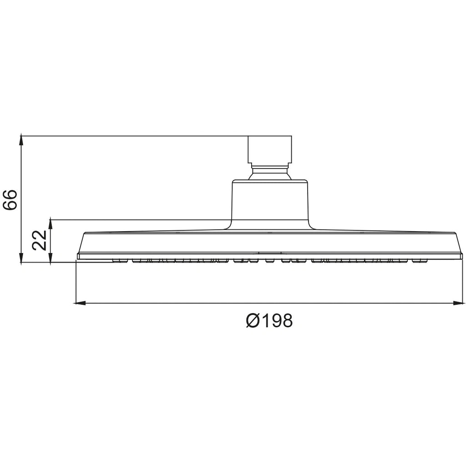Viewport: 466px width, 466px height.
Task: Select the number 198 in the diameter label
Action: coord(275,321)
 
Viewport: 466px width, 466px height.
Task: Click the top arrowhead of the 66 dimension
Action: coord(22,139)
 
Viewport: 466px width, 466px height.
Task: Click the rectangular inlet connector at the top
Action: coord(269,149)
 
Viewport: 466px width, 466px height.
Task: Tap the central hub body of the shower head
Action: coord(270,203)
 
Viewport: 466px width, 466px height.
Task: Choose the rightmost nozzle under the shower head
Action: coord(419,261)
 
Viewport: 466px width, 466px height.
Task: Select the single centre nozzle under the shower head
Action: coord(269,261)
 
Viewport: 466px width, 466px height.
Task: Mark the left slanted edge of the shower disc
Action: coord(81,243)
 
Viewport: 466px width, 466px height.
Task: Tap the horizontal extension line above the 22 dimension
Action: coord(137,220)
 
